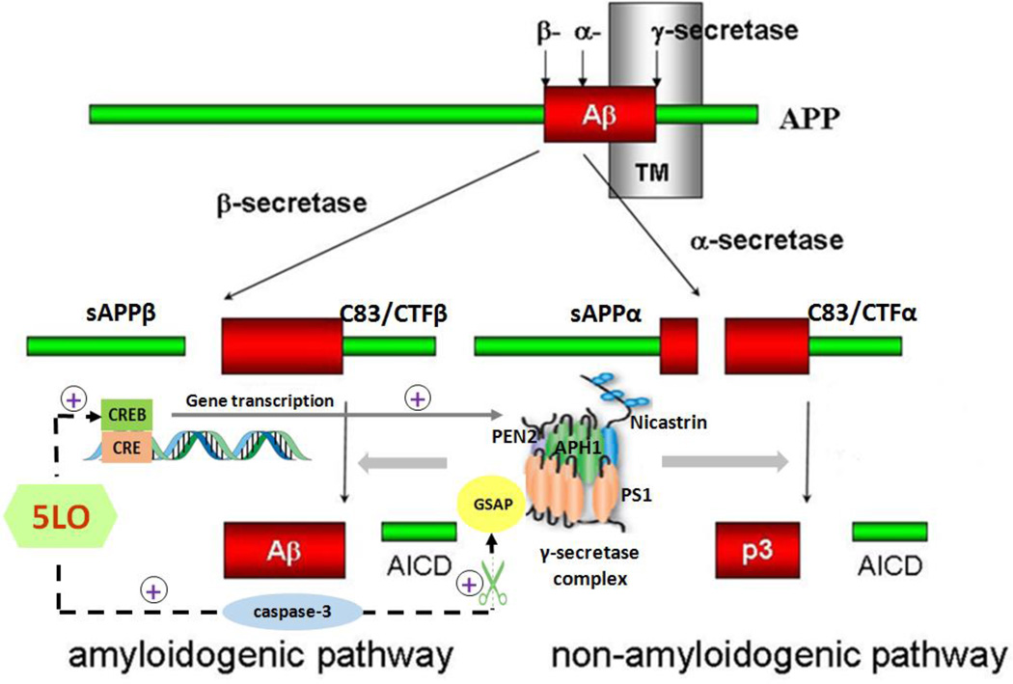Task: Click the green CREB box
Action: click(124, 415)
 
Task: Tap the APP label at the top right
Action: click(809, 122)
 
